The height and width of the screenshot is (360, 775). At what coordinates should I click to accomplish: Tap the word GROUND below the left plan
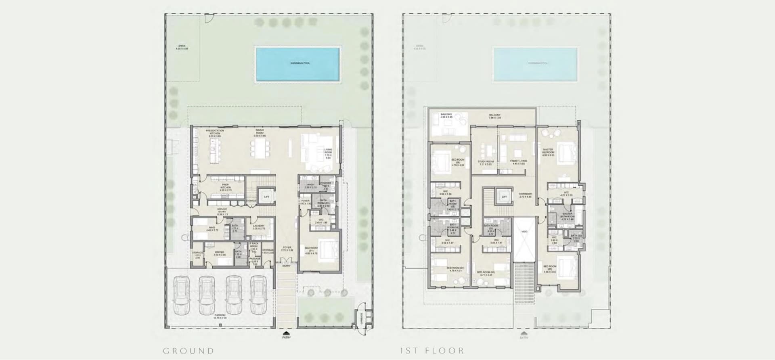[x=189, y=351]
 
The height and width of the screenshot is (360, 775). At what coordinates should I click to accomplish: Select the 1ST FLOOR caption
[x=432, y=351]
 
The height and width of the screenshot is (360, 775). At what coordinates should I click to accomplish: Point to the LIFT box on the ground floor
[x=266, y=197]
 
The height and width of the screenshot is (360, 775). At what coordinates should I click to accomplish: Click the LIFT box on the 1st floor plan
[x=504, y=197]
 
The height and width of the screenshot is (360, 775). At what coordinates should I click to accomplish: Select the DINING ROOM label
[x=260, y=133]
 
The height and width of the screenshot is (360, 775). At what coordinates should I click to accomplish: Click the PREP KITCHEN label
[x=225, y=186]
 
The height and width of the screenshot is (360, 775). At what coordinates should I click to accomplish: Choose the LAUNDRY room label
[x=258, y=227]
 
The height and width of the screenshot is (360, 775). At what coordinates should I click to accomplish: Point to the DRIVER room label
[x=220, y=253]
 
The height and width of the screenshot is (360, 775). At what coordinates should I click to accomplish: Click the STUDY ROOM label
[x=486, y=162]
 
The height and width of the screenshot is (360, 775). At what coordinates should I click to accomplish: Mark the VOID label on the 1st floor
[x=524, y=232]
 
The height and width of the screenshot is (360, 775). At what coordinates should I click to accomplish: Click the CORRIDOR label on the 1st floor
[x=525, y=195]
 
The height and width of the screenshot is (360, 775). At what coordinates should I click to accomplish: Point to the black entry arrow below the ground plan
[x=286, y=333]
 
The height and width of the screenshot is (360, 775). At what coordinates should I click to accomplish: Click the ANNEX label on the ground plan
[x=182, y=47]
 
